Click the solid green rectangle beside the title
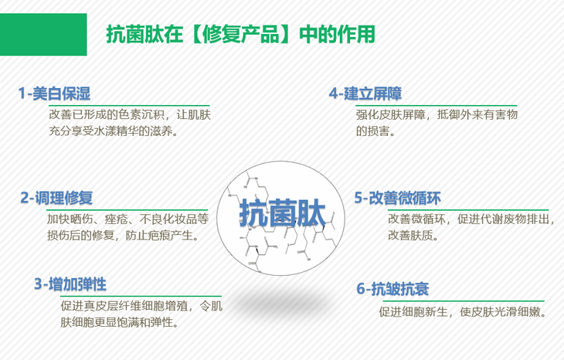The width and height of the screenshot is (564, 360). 43,35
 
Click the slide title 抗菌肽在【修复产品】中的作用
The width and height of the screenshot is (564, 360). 240,35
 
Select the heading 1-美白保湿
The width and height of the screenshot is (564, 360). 54,93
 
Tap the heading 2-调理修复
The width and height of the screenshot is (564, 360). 56,198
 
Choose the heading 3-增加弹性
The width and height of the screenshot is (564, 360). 70,284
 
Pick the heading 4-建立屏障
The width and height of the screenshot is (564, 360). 365,93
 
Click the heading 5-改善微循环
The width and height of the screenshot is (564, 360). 397,198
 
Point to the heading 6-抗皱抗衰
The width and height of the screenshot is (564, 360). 392,289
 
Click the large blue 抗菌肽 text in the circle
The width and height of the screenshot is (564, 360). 282,213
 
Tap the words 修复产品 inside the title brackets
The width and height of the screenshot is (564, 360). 240,35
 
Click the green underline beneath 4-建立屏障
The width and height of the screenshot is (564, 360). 437,106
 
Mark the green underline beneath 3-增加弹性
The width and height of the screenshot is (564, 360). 141,297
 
